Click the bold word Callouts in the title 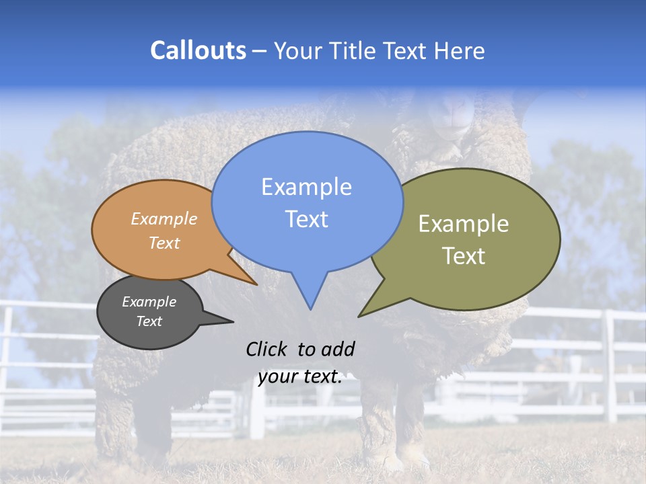tap(198, 50)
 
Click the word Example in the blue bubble tap(306, 187)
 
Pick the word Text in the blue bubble tap(306, 219)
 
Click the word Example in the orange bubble tap(164, 219)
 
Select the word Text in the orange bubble tap(164, 243)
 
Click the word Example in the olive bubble tap(464, 224)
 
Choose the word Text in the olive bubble tap(464, 256)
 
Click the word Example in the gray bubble tap(149, 302)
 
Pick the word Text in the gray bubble tap(149, 321)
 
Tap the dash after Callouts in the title tap(260, 51)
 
